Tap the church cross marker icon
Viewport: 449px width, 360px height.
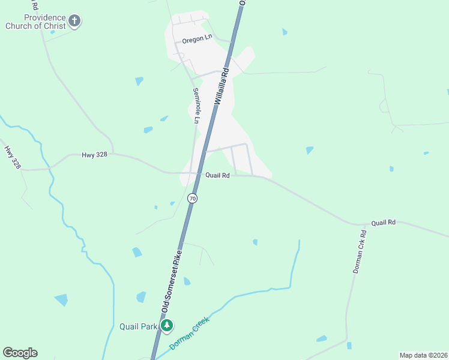point(74,22)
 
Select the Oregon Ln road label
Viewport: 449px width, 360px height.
point(197,40)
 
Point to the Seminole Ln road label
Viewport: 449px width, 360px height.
point(196,106)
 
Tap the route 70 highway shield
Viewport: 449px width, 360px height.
point(192,197)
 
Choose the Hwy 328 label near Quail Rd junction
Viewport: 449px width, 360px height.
point(94,155)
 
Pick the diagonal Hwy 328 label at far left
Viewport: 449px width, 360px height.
point(12,157)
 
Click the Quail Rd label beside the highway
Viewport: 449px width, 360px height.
point(217,176)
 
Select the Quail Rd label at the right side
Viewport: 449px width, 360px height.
point(383,223)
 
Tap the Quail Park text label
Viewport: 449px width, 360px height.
point(138,326)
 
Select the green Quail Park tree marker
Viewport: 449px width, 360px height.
point(167,326)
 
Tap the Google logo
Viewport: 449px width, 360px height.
point(20,353)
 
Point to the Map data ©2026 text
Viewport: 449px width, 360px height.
point(423,355)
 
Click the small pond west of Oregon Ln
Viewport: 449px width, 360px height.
point(139,80)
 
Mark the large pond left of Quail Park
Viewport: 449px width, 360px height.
point(61,300)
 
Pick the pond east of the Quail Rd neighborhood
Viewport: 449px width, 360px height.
point(309,150)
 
